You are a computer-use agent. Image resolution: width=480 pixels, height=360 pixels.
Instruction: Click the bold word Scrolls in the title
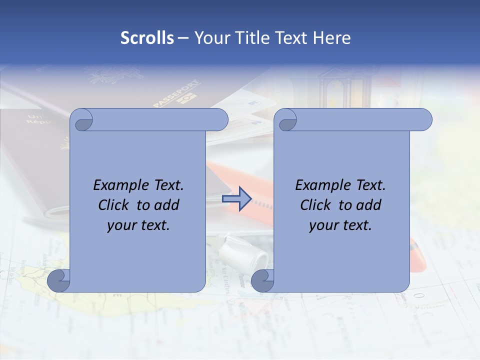point(147,38)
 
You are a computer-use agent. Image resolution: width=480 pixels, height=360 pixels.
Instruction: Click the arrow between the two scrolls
point(236,199)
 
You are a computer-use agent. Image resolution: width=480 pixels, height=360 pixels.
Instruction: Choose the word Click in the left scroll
point(114,205)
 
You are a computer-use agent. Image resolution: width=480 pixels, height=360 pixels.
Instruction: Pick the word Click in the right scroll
point(316,205)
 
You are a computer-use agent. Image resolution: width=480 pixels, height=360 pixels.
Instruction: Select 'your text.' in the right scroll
point(340,225)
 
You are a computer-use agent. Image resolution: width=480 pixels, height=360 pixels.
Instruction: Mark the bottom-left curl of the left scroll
point(59,280)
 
